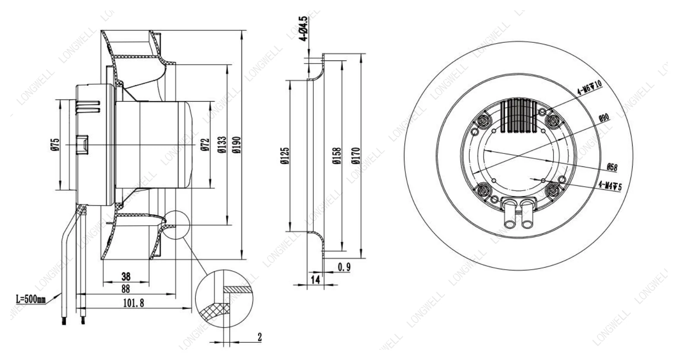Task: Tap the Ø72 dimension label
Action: click(x=205, y=145)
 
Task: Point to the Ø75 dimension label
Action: click(x=55, y=144)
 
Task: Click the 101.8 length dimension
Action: click(x=134, y=303)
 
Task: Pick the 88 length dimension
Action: click(x=126, y=289)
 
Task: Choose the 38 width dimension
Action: click(x=126, y=276)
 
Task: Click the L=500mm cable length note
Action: click(x=31, y=300)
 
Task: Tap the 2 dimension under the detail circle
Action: click(x=259, y=337)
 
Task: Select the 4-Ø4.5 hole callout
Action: click(x=304, y=29)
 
